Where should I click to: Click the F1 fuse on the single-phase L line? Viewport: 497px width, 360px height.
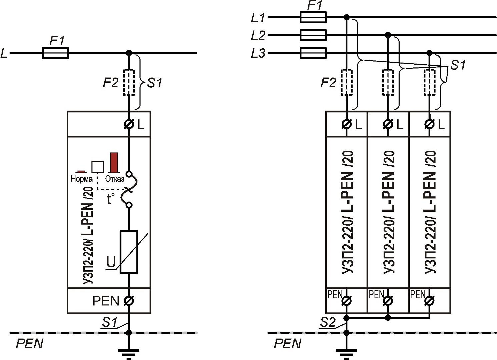tap(55, 53)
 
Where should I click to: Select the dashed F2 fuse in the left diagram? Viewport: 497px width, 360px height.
tap(129, 82)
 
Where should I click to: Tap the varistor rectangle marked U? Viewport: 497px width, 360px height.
tap(129, 252)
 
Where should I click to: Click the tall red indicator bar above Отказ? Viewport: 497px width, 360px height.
tap(114, 162)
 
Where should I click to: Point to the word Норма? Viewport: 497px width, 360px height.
tap(82, 179)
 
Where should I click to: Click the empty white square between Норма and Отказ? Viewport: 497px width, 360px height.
tap(98, 166)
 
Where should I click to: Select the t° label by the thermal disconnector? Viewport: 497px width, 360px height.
tap(111, 199)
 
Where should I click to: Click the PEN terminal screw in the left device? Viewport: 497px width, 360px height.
tap(129, 301)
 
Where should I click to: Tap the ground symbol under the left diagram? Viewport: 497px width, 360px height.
tap(129, 353)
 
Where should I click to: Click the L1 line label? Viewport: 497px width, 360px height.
tap(258, 18)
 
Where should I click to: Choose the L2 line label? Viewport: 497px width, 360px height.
tap(258, 35)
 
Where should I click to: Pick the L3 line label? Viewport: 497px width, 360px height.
tap(258, 53)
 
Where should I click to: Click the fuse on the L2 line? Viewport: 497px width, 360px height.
tap(313, 35)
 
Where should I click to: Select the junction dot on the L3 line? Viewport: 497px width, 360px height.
tap(429, 53)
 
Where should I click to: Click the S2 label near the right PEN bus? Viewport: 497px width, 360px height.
tap(328, 322)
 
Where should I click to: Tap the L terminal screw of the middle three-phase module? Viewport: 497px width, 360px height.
tap(388, 124)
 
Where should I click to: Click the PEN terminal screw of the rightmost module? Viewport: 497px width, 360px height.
tap(429, 301)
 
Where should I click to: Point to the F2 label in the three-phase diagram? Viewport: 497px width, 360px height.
tap(328, 82)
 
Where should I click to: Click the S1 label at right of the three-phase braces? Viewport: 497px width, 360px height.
tap(458, 65)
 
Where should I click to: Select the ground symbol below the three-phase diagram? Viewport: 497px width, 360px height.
tap(346, 353)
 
